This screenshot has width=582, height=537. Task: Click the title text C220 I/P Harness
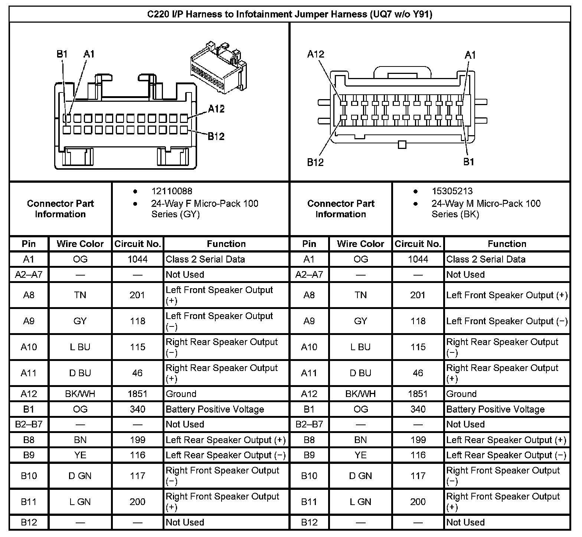tap(290, 14)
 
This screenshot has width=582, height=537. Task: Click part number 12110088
tap(171, 191)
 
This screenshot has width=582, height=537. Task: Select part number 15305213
tap(452, 191)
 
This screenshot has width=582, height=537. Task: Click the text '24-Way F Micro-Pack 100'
tap(205, 204)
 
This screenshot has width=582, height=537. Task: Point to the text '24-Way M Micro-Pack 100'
tap(486, 204)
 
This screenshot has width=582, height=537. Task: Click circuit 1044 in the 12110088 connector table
tap(137, 259)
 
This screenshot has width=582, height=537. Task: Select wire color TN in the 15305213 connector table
tap(360, 295)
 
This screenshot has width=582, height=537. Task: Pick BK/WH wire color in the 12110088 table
tap(80, 394)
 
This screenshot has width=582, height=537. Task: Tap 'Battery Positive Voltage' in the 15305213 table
tap(496, 409)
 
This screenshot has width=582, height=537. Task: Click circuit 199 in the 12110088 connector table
tap(137, 440)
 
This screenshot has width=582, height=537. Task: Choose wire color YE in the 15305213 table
tap(360, 455)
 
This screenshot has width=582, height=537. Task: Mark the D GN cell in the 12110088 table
tap(80, 476)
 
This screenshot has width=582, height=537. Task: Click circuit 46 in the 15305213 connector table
tap(418, 373)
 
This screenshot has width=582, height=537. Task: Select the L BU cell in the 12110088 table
tap(80, 347)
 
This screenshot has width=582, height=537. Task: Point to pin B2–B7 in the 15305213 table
tap(309, 424)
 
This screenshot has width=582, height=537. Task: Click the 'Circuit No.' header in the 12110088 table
tap(137, 244)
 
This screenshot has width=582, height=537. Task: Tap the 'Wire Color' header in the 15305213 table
tap(360, 244)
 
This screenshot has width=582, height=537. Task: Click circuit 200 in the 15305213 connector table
tap(418, 502)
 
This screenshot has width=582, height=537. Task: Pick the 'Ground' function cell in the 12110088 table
tap(181, 394)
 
